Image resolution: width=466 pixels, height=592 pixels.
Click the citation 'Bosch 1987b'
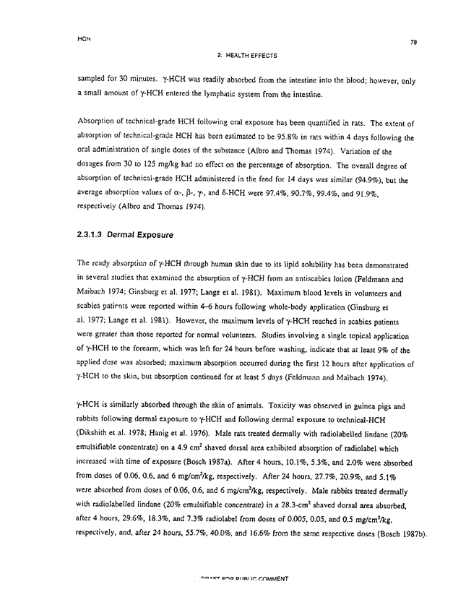[397, 536]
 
